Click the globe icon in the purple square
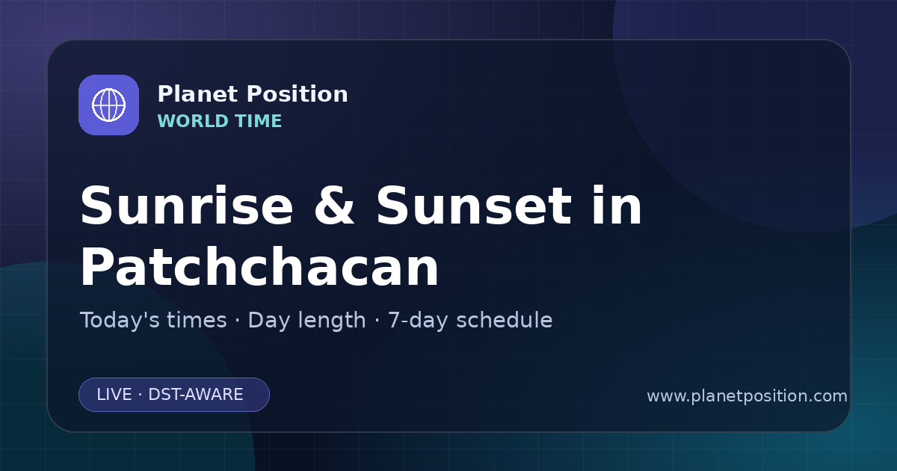click(108, 105)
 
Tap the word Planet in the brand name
click(198, 94)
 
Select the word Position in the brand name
click(298, 94)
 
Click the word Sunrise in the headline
click(187, 206)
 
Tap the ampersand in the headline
click(334, 206)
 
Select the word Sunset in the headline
click(474, 206)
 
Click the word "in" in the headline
click(617, 205)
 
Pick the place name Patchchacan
click(259, 267)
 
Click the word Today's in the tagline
click(153, 320)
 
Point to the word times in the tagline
click(197, 320)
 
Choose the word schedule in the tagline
click(505, 320)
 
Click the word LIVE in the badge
click(114, 395)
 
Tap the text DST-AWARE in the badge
click(196, 395)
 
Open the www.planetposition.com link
click(747, 396)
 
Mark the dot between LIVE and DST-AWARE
click(141, 395)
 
